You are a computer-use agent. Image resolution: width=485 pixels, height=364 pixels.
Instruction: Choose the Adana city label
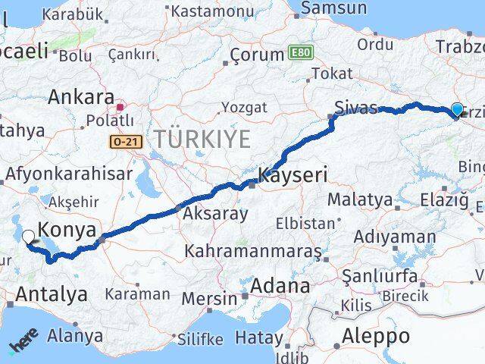tap(281, 287)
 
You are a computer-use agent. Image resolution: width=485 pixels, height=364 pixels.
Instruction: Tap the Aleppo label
tap(376, 336)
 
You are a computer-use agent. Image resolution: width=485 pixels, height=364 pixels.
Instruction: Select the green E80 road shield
tap(300, 54)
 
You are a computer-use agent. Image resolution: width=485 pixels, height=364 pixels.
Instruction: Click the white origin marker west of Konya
tap(29, 237)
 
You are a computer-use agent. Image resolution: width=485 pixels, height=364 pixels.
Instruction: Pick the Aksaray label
tap(214, 214)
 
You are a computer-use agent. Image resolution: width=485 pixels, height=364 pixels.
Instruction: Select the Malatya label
tap(360, 200)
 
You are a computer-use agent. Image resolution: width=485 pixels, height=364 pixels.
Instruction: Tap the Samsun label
tap(334, 8)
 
